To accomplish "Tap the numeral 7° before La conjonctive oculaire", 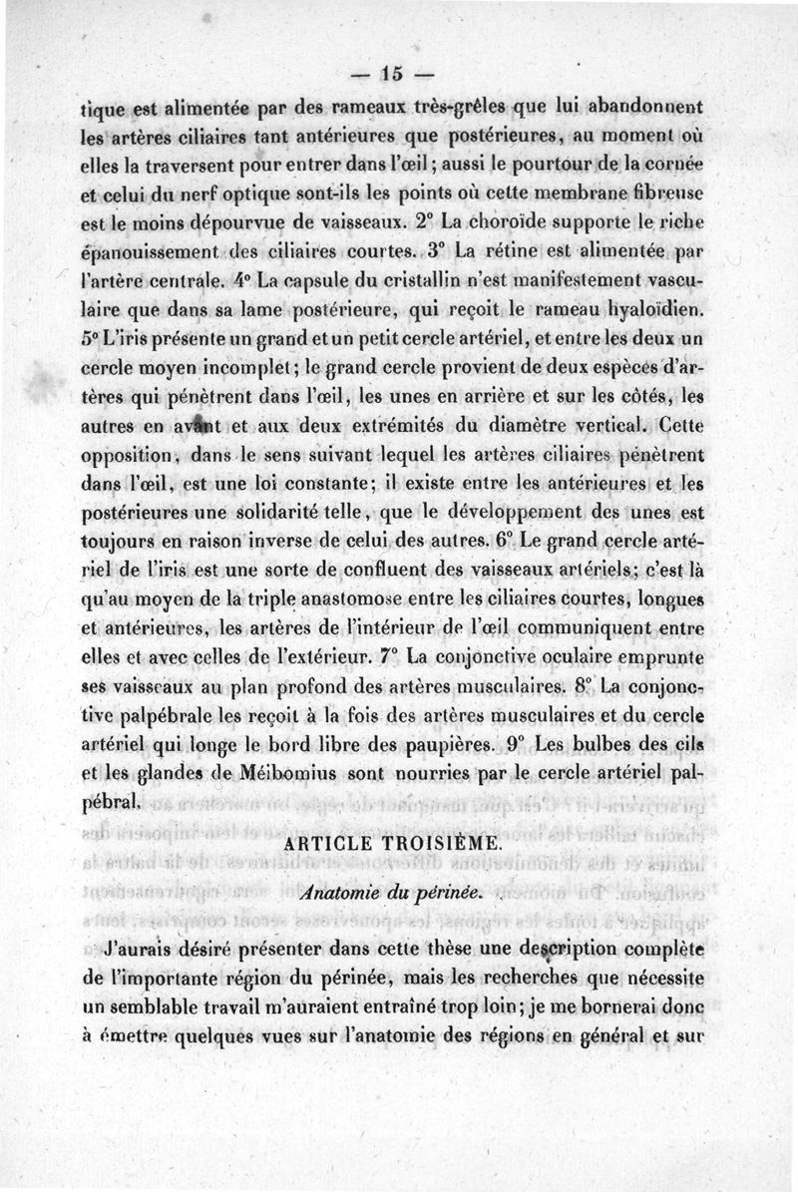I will pyautogui.click(x=389, y=658).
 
